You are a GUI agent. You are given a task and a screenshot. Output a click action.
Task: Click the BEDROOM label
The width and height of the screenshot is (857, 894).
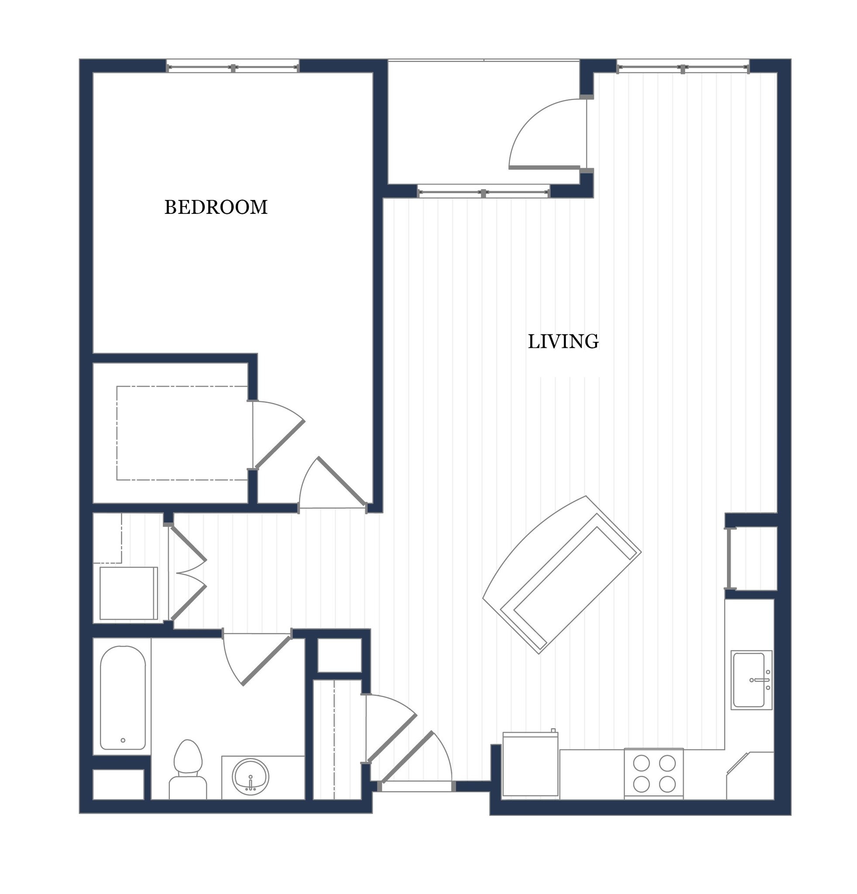(x=216, y=207)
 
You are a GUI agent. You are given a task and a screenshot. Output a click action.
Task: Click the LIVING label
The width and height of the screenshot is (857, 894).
(x=563, y=342)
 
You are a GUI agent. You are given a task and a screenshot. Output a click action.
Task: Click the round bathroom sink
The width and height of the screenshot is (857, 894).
(x=250, y=776)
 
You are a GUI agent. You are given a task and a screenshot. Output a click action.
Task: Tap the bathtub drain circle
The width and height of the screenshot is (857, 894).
(x=123, y=740)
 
